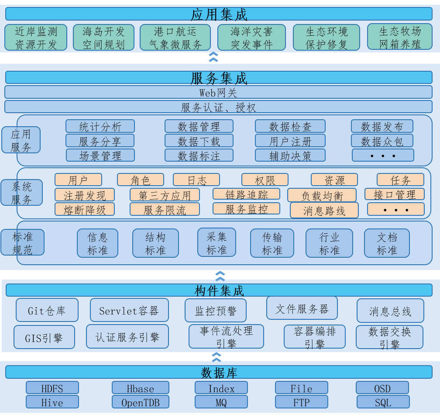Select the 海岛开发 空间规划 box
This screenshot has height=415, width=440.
click(x=104, y=37)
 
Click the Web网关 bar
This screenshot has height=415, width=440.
click(x=219, y=92)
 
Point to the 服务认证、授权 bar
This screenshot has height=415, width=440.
click(x=219, y=107)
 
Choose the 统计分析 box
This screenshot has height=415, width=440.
click(x=100, y=126)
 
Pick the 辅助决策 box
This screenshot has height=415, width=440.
click(x=290, y=155)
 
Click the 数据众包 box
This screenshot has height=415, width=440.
click(x=382, y=141)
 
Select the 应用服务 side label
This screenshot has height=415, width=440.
click(x=21, y=140)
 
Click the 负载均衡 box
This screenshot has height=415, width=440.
click(x=322, y=195)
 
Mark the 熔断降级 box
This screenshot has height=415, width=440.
click(x=85, y=209)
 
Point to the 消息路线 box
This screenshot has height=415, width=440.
click(x=324, y=210)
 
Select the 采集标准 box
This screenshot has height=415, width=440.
click(x=217, y=242)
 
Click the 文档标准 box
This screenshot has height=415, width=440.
click(x=387, y=243)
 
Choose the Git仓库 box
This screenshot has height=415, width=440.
click(x=47, y=310)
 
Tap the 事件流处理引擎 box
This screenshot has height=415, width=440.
click(x=226, y=336)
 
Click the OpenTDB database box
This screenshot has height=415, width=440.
click(x=141, y=402)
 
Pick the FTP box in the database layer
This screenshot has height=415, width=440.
click(x=301, y=402)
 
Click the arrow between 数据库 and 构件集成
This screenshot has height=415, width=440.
click(x=217, y=357)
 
